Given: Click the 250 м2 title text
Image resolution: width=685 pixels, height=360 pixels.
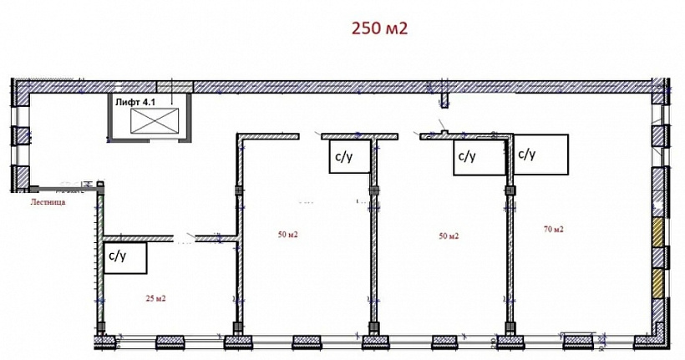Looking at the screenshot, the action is coord(379,28).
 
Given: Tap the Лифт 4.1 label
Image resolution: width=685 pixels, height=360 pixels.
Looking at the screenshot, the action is coord(136,103).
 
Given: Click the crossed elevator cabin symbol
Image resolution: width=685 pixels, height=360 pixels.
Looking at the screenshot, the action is coord(155,120).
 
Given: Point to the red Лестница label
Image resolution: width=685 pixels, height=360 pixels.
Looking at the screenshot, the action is coord(48,202).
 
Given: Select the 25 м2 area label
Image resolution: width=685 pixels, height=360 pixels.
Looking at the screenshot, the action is coord(155,299).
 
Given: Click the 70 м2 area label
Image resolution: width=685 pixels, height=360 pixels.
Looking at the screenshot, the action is coord(554,229).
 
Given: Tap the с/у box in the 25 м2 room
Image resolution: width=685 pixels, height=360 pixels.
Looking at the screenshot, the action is coord(125,258).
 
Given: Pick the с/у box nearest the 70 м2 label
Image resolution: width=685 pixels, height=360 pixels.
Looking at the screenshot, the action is coord(540,155).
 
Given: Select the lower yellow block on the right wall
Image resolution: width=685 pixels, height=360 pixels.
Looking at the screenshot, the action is coord(658,283).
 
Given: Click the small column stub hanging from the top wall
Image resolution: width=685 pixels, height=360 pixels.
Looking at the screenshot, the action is coord(444,100).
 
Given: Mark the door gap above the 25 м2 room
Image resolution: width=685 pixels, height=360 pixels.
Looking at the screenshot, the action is coord(185,239).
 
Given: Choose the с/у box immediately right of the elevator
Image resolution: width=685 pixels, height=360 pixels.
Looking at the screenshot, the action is coord(349,156).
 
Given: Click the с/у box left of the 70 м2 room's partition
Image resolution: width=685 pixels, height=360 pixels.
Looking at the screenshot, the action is coord(479,158).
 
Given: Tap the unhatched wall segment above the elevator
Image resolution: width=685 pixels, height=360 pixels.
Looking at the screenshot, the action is coord(175,87).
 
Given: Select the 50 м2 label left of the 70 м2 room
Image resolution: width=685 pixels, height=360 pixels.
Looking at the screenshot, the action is coord(449,236).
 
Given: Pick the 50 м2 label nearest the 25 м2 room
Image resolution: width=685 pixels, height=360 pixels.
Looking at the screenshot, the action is coord(288,235).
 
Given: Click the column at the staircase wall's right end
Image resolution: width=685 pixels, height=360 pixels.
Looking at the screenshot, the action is coord(101,187).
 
